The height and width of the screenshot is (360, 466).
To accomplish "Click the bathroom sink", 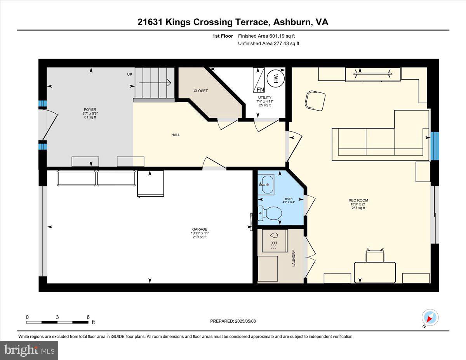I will [266, 184].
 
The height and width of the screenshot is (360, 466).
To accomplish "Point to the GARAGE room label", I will [199, 229].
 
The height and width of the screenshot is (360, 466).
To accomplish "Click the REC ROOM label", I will [358, 200].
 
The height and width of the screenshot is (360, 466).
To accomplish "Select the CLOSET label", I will [201, 91].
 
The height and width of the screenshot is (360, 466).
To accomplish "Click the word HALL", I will [176, 135].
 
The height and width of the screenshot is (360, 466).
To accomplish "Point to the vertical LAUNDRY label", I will [294, 258].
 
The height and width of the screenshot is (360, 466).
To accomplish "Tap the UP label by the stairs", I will [130, 75].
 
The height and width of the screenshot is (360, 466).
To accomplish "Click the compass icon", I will [430, 317].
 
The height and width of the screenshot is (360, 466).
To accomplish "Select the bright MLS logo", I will [29, 350].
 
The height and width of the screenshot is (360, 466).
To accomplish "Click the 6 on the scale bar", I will [88, 317].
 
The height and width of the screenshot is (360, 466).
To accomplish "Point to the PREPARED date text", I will [233, 321].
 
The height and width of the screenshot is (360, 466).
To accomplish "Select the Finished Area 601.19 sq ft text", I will [269, 36].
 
